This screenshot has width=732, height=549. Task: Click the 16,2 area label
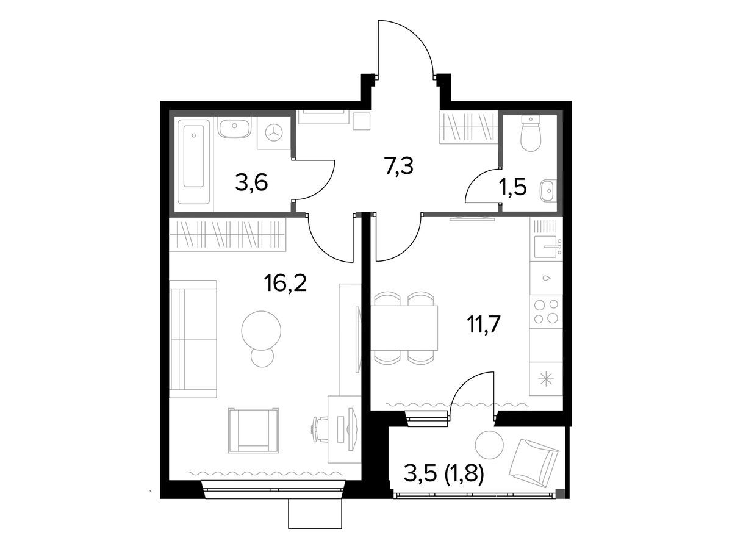pos(285,282)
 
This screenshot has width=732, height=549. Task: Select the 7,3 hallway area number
pos(399,166)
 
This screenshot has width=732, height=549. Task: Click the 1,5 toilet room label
pos(512,187)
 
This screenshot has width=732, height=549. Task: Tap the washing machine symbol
pos(274,132)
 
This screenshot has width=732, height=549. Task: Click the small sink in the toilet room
pos(548,190)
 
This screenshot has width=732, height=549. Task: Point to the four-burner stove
pos(546,311)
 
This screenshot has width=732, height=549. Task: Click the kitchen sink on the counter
pos(546,246)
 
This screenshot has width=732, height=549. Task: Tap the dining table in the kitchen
pos(404,328)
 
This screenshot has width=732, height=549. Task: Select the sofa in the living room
pos(193,339)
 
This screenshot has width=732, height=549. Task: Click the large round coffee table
pos(261,331)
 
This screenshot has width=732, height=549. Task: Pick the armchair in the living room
pos(253,430)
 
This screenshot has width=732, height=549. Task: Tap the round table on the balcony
pos(489,445)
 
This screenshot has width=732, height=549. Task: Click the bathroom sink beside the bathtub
pos(234,127)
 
